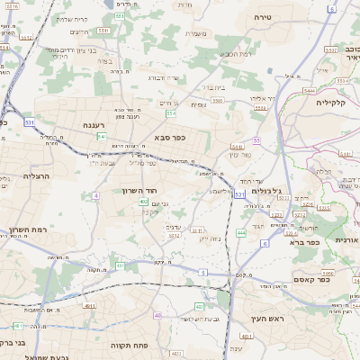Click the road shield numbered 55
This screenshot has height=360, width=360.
256,140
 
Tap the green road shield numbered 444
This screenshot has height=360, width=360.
241,232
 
